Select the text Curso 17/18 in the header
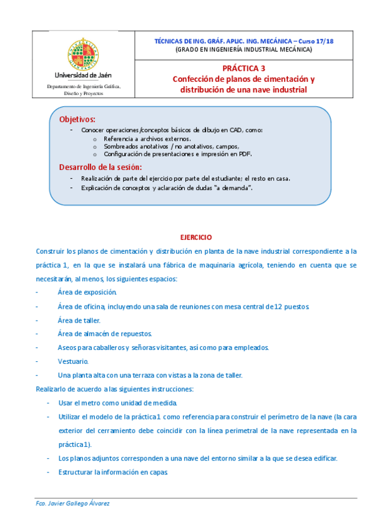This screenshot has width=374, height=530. click(317, 40)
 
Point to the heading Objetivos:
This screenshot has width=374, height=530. click(77, 118)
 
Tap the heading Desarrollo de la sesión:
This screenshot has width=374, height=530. click(100, 167)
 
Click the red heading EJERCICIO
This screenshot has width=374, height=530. click(196, 237)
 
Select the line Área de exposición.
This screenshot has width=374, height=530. click(87, 292)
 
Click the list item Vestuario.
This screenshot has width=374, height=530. click(73, 361)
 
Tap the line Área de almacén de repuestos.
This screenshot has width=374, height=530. click(105, 334)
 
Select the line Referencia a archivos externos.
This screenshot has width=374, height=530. click(147, 138)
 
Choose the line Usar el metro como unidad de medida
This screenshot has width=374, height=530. click(117, 403)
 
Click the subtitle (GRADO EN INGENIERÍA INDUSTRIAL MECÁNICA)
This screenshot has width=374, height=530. click(244, 49)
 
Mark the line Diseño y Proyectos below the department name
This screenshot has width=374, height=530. click(84, 93)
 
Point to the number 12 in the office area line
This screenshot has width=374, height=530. click(270, 306)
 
